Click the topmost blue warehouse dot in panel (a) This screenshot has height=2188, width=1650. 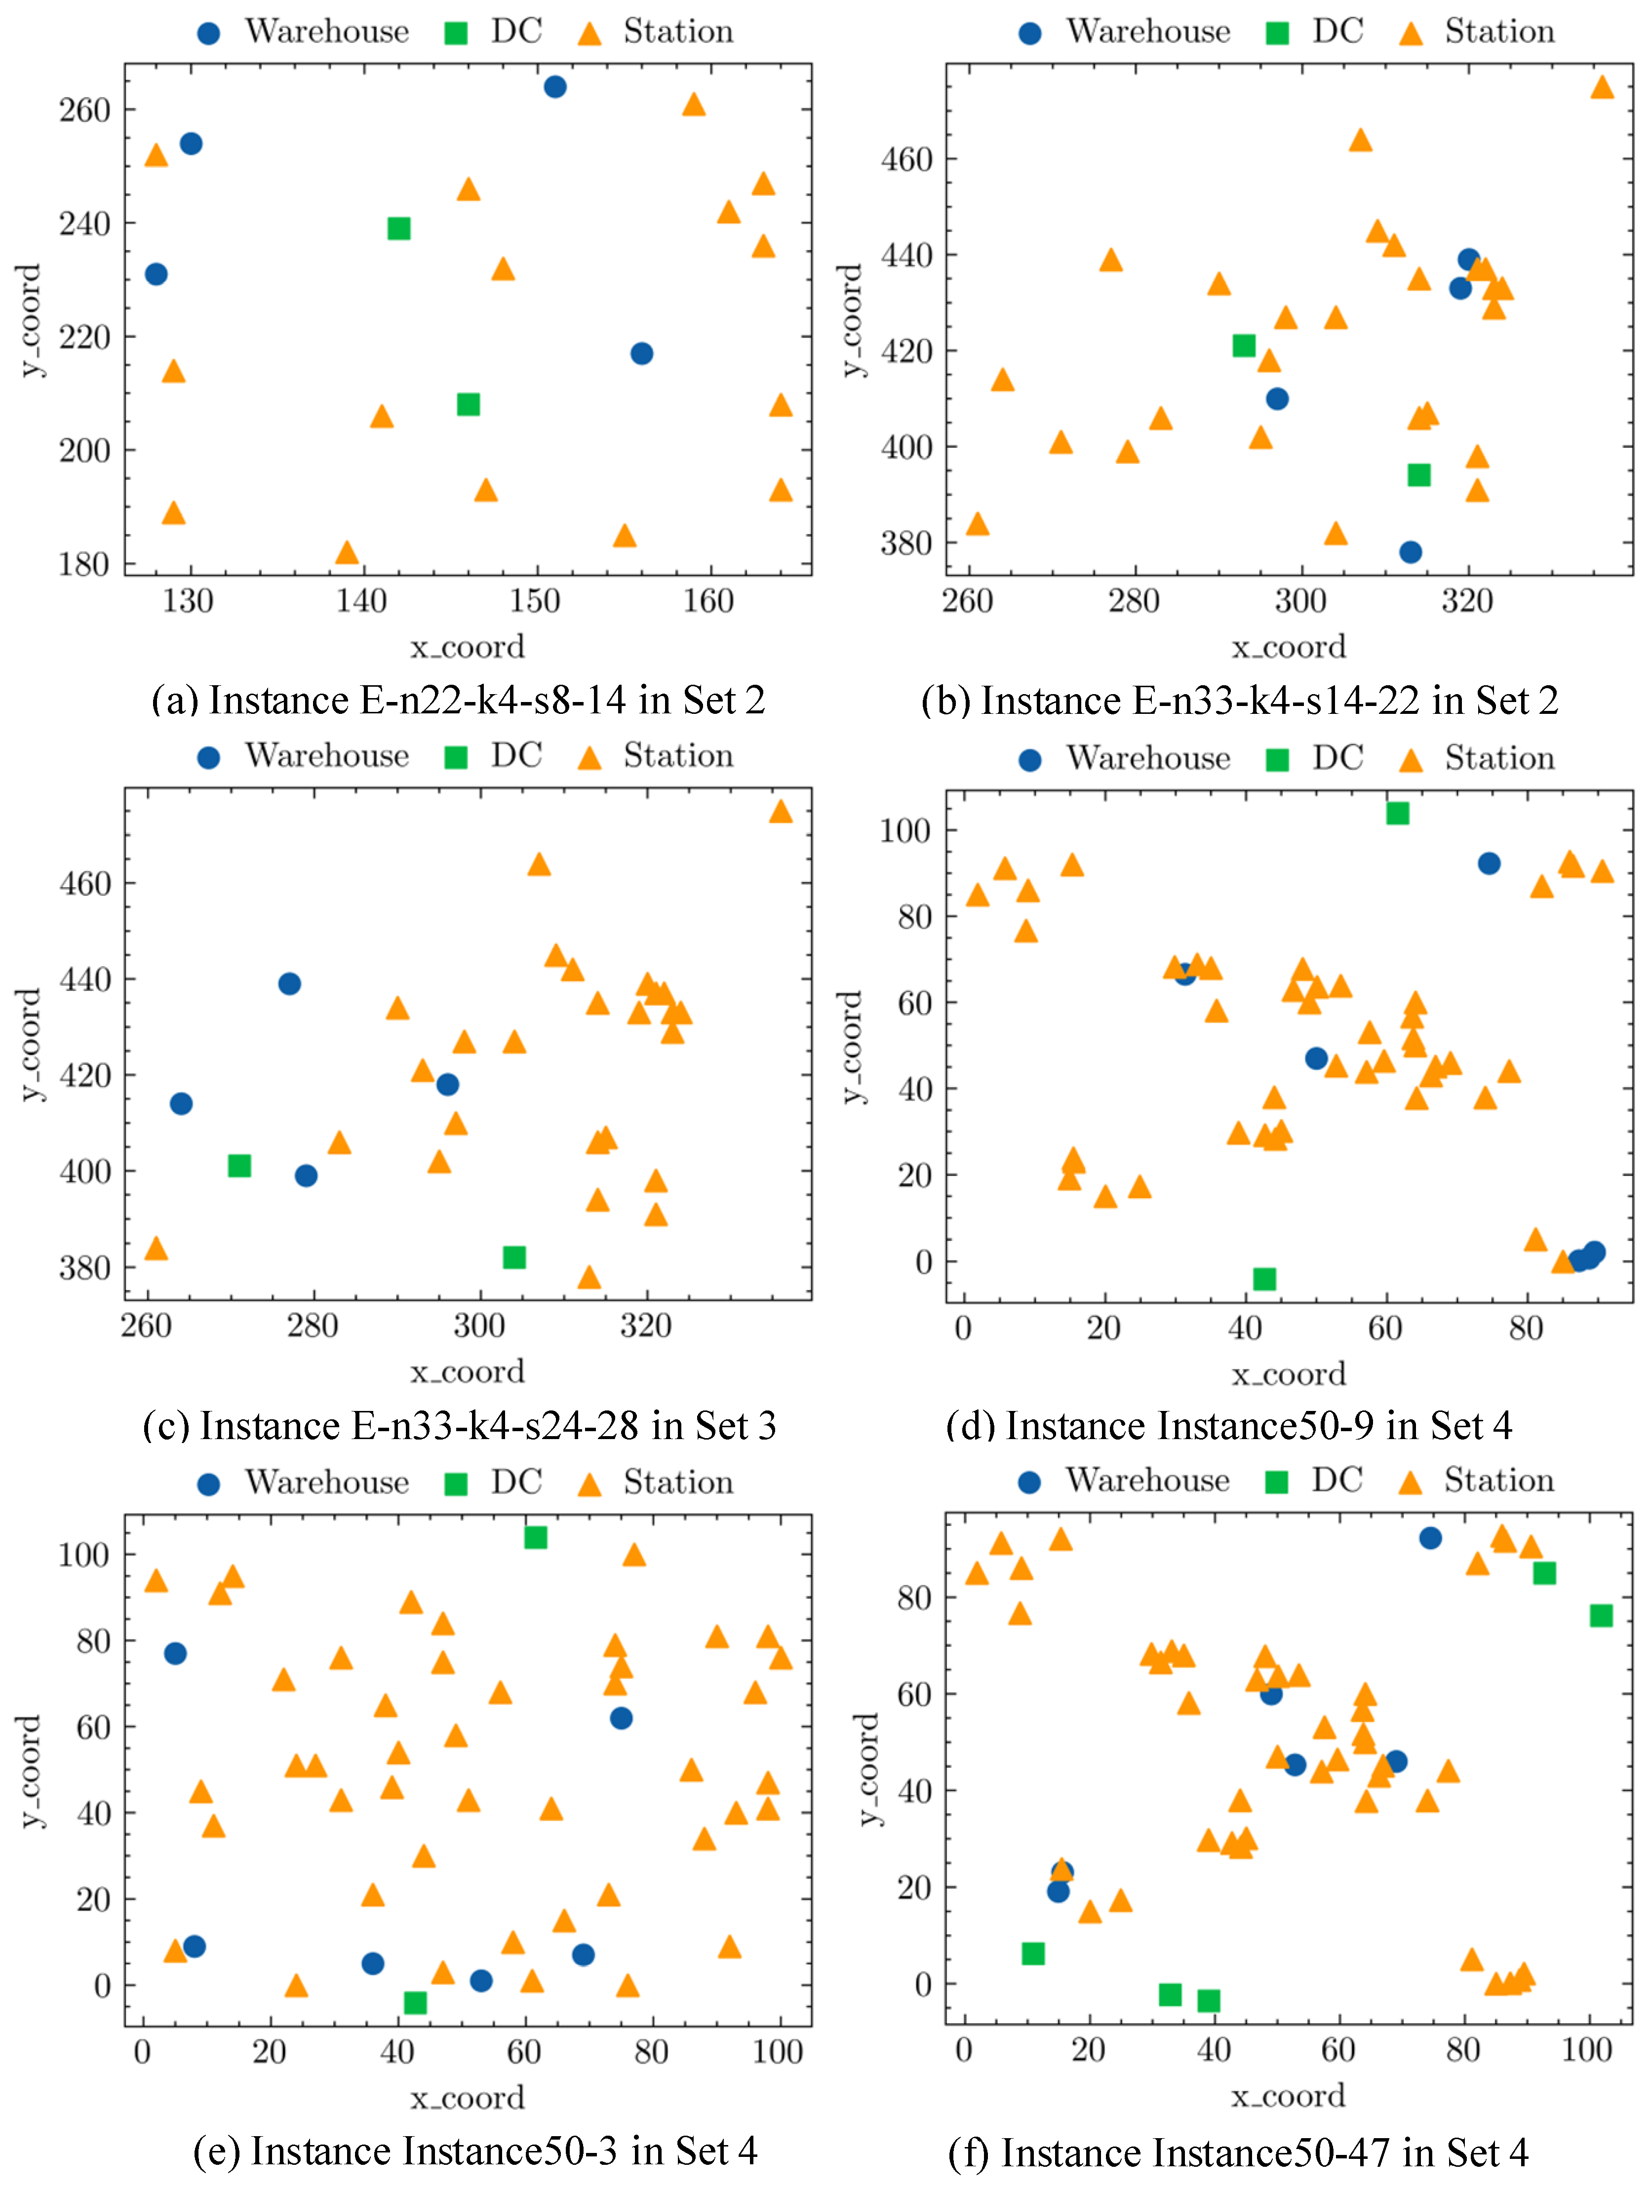coord(555,87)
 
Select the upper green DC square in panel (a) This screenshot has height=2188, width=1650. coord(398,229)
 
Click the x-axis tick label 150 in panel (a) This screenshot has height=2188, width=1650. coord(535,600)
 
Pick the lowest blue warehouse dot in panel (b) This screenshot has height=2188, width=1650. coord(1411,552)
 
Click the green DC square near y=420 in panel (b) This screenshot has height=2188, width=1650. coord(1244,345)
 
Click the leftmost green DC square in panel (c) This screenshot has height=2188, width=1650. coord(239,1165)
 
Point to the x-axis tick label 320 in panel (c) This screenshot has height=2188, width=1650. coord(646,1326)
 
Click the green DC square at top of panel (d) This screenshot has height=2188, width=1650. coord(1397,813)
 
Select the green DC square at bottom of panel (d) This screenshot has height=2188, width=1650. coord(1264,1279)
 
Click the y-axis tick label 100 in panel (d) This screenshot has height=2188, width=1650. coord(905,831)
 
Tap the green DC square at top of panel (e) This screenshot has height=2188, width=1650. coord(535,1537)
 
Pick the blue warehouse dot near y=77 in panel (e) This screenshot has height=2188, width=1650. coord(175,1653)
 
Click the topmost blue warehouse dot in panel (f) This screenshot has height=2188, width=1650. coord(1429,1538)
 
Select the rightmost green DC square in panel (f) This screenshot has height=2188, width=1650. coord(1601,1615)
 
